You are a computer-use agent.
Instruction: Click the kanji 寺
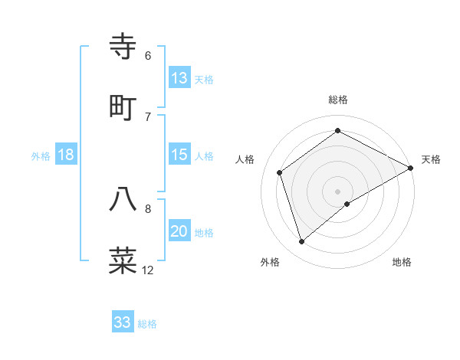coord(123,47)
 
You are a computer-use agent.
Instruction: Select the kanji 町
coord(123,107)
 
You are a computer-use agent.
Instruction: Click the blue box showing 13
coord(179,78)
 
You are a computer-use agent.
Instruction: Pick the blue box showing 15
coord(179,155)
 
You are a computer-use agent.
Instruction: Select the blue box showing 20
coord(179,231)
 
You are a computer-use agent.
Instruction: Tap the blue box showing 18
coord(66,155)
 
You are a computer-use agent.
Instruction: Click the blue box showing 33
coord(123,322)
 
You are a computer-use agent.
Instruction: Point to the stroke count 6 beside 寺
coord(148,56)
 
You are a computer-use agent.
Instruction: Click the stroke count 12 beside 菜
coord(148,270)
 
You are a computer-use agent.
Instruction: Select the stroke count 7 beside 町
coord(148,117)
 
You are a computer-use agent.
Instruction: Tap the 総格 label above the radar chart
coord(338,100)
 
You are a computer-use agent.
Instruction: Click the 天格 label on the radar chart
coord(431,159)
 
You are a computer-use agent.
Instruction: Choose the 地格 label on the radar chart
coord(402,263)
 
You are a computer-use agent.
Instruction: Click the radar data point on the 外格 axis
coord(302,242)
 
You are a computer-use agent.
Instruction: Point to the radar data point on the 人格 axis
coord(280,172)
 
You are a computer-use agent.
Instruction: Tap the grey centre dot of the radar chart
coord(338,191)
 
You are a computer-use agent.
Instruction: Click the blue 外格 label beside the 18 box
coord(41,156)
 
